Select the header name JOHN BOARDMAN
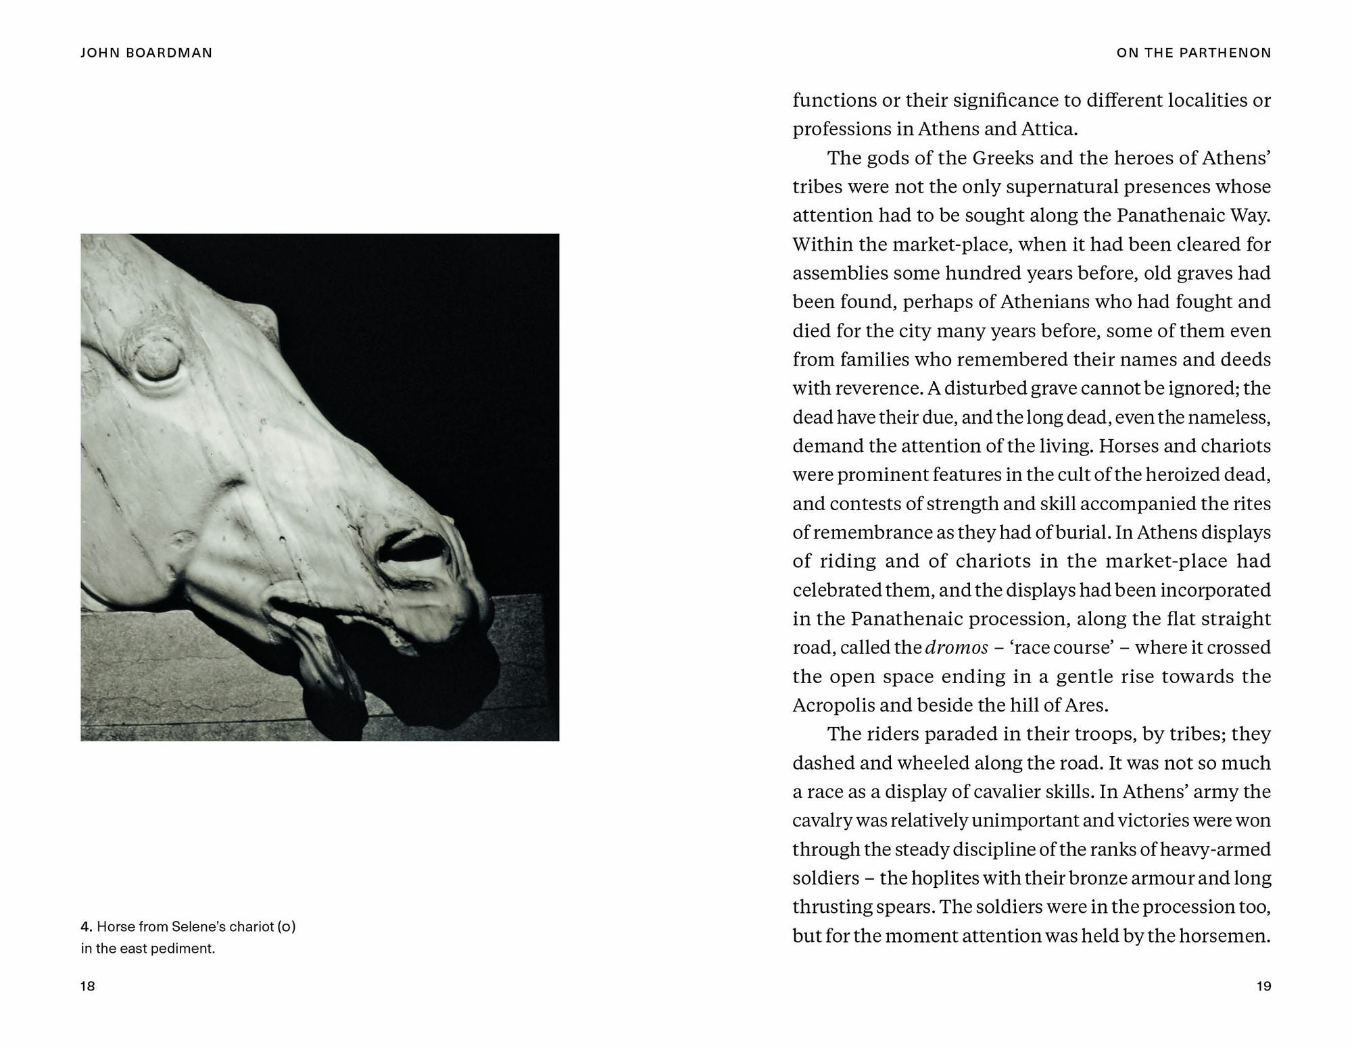point(146,53)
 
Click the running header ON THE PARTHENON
point(1194,53)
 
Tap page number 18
point(88,986)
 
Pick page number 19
point(1263,986)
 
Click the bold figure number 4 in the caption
point(86,926)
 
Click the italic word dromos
point(957,647)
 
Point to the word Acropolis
point(834,705)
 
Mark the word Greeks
point(1003,157)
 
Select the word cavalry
point(821,820)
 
